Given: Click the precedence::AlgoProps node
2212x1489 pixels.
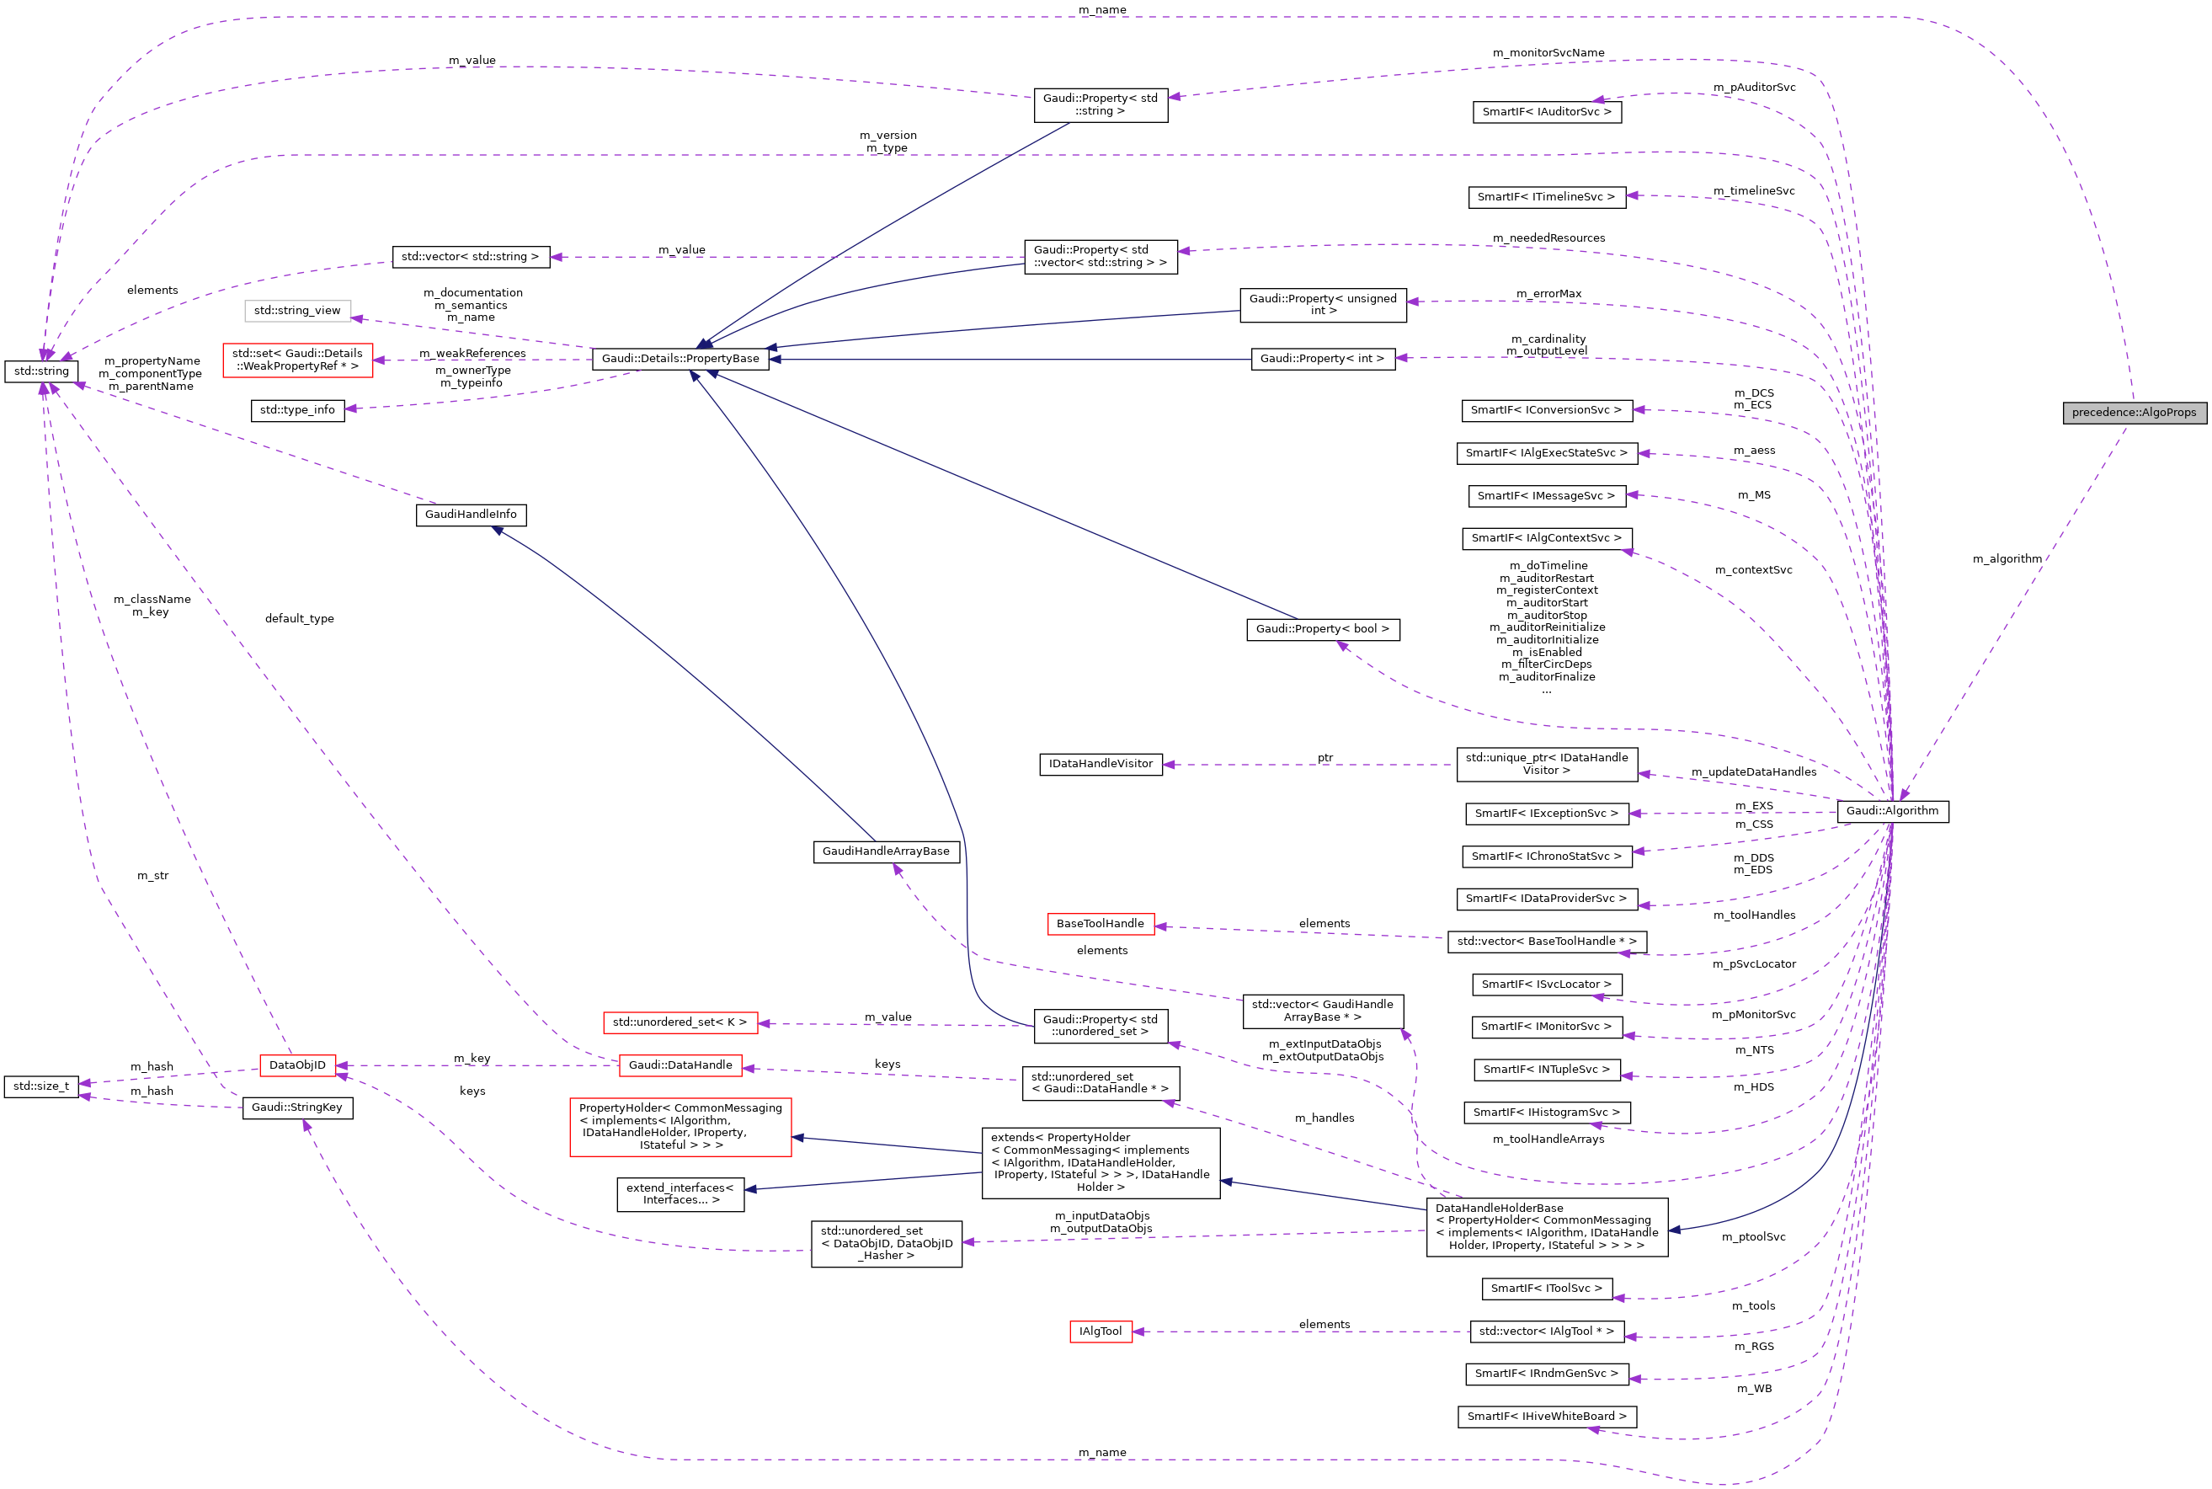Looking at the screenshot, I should point(2135,413).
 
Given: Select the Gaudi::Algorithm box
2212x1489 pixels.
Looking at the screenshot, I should point(1892,811).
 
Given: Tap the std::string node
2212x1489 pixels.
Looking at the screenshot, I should point(40,371).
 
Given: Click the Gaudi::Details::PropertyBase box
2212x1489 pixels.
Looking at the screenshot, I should point(680,359).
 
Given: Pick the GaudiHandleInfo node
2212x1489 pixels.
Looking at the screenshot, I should point(470,515).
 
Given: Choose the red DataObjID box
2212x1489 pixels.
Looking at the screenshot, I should point(297,1065).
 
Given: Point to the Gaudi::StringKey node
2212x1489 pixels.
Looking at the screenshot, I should point(297,1107).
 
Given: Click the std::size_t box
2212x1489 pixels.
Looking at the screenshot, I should point(40,1086).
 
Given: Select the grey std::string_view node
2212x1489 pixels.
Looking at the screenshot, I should point(297,311).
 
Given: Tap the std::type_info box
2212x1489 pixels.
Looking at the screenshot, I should point(297,410).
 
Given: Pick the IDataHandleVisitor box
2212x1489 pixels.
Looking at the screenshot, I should point(1101,765).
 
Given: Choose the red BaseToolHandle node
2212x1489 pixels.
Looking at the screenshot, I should point(1101,924).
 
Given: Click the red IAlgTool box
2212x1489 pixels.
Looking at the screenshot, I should point(1101,1332).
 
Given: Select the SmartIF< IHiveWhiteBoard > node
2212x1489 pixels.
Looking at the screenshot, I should point(1547,1417).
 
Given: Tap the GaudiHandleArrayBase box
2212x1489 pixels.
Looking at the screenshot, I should point(886,851).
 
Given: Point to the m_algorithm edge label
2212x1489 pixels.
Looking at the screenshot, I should point(2007,559).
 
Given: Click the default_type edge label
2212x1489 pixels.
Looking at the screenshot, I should point(299,619).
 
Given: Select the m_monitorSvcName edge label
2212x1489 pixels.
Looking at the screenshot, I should point(1548,53).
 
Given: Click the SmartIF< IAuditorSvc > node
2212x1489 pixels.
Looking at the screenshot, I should point(1547,112).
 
